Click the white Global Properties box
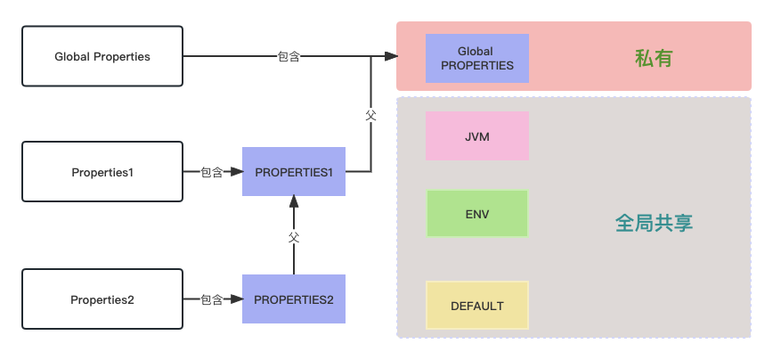tap(102, 56)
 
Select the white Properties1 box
tap(102, 171)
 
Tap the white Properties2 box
tap(102, 299)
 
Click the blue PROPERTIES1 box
tap(294, 171)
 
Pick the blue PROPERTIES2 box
tap(294, 299)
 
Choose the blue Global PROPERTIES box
tap(477, 59)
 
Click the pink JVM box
tap(477, 136)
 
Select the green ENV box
tap(477, 214)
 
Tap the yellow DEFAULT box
tap(477, 306)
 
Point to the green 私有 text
tap(653, 59)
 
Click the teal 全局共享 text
tap(654, 223)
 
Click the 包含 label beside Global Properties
tap(289, 56)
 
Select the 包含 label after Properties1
tap(212, 172)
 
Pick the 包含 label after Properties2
tap(212, 299)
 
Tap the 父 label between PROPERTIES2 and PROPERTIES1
tap(294, 237)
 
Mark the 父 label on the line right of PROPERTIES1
tap(370, 115)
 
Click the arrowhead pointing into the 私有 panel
tap(390, 56)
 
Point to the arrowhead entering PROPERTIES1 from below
tap(294, 202)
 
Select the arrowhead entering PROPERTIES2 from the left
tap(236, 299)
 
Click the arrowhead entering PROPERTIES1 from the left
tap(236, 171)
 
